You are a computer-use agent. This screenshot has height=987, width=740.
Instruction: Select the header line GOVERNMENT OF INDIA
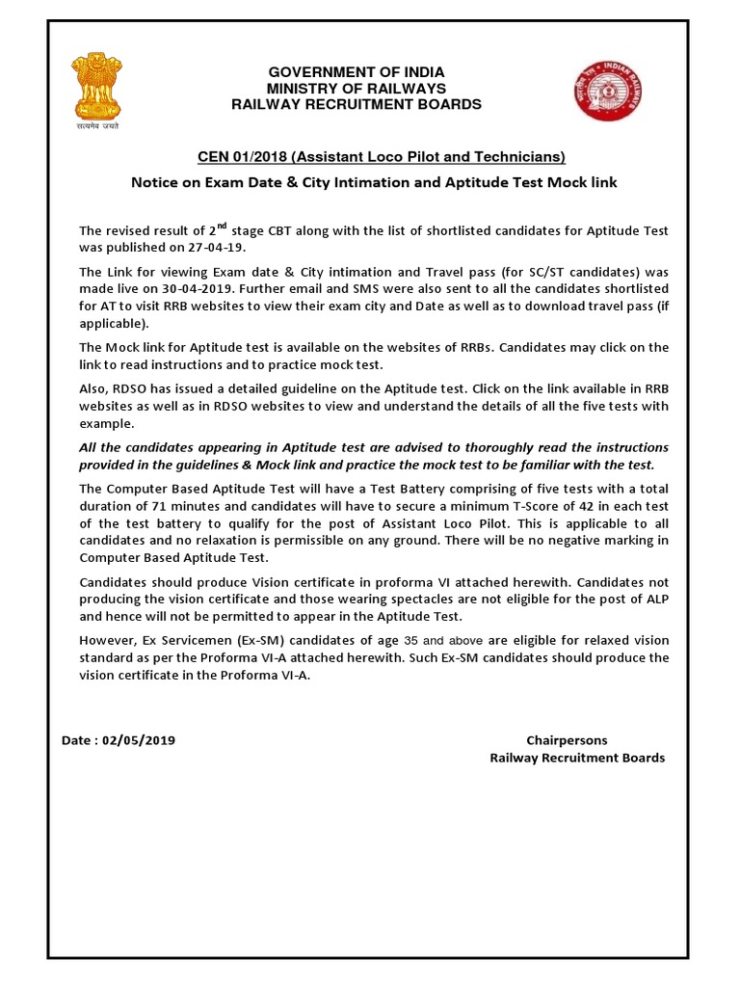pyautogui.click(x=357, y=73)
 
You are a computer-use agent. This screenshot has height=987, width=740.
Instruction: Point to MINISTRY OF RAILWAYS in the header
pyautogui.click(x=357, y=89)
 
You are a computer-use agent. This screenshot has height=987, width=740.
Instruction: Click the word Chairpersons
pyautogui.click(x=567, y=740)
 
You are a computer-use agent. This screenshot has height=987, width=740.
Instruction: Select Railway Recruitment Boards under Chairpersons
pyautogui.click(x=577, y=758)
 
